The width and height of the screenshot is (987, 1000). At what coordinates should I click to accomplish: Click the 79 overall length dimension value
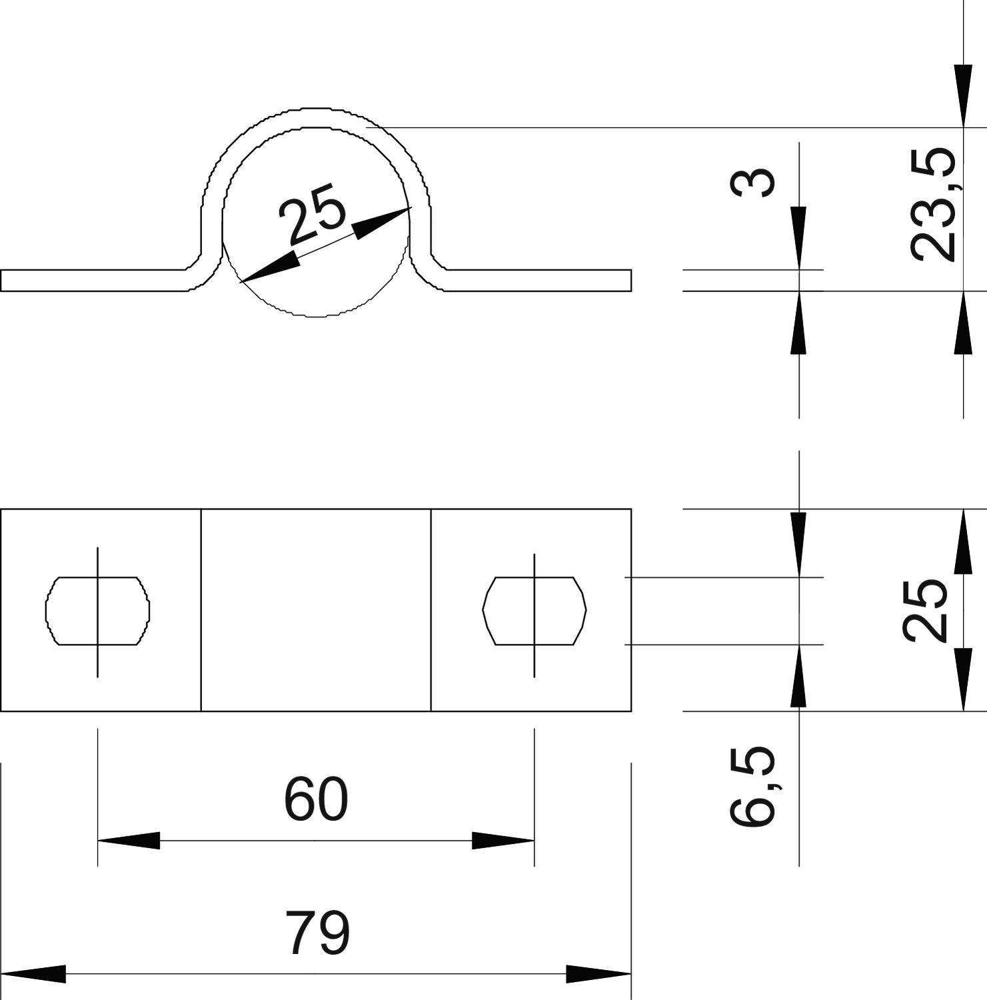point(317,933)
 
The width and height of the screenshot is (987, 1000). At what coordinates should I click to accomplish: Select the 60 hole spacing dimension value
point(316,799)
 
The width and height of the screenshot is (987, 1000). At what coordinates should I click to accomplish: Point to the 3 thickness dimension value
point(752,182)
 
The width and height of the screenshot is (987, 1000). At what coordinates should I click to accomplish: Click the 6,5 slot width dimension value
point(752,787)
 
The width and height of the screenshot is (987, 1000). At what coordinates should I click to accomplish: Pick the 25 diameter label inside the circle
point(313,219)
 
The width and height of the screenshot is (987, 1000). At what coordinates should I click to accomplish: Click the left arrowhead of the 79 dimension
point(33,974)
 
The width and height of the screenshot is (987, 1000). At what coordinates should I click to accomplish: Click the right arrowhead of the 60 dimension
point(503,841)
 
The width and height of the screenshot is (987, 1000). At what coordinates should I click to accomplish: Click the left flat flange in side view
point(93,281)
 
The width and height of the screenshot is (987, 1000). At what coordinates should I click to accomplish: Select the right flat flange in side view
point(540,281)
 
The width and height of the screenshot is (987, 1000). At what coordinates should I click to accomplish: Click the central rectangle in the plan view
point(316,610)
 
